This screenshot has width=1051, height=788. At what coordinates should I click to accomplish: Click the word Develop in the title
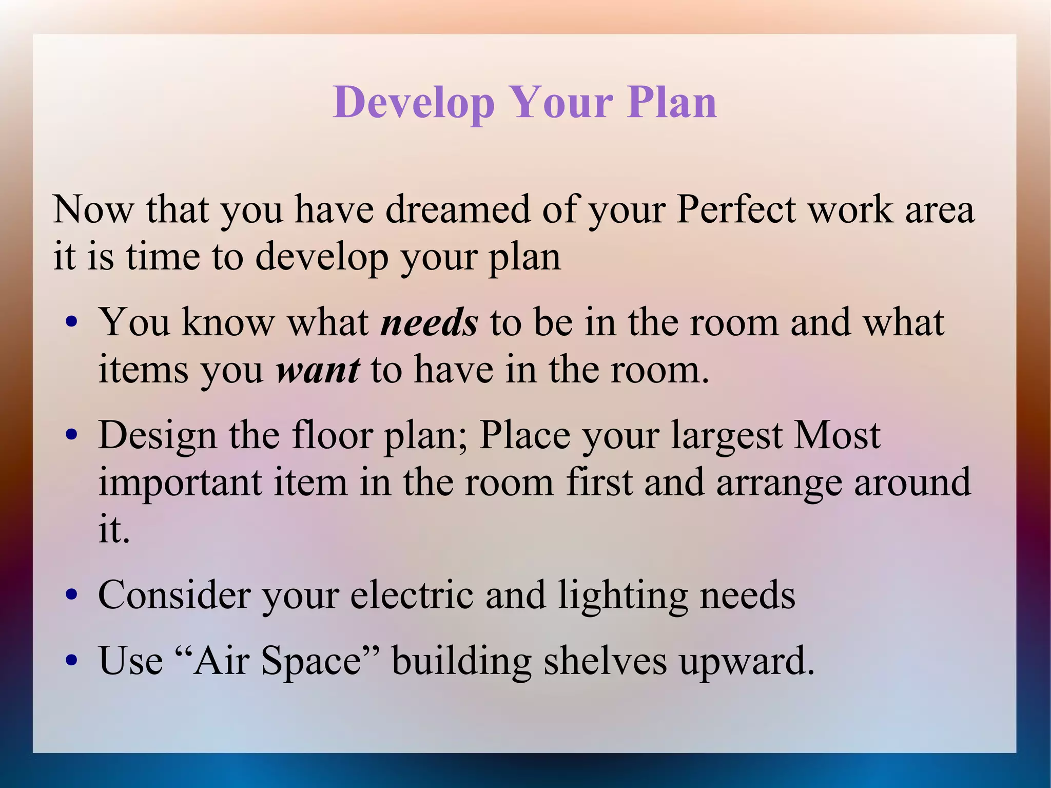pos(414,103)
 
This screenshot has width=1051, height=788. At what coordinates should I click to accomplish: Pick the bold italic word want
pos(318,370)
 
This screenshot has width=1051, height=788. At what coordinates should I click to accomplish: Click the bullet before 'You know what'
pos(72,323)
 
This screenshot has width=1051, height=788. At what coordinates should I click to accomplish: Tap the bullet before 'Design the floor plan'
pos(72,436)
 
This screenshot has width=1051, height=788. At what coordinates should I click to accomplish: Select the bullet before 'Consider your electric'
pos(72,595)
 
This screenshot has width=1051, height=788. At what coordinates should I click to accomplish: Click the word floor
pos(332,435)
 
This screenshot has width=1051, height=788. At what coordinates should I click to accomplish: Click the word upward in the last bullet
pos(747,662)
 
